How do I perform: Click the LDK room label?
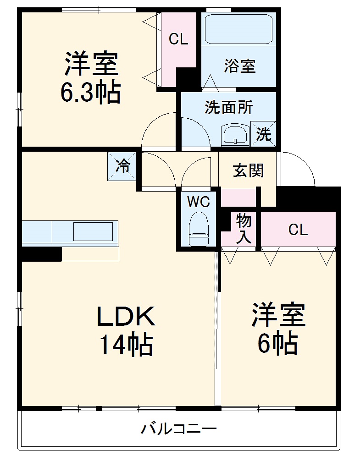[x=126, y=316]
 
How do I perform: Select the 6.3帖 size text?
[x=91, y=92]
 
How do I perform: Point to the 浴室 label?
[x=239, y=66]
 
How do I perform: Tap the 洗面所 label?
[x=228, y=108]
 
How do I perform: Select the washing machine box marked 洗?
[x=263, y=134]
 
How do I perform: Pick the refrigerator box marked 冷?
[x=122, y=165]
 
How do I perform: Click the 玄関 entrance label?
[x=249, y=171]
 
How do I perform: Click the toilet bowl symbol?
[x=199, y=228]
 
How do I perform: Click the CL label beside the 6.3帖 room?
[x=178, y=39]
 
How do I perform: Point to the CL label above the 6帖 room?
[x=298, y=230]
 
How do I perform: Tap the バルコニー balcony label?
[x=178, y=429]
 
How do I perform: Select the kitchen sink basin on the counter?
[x=93, y=231]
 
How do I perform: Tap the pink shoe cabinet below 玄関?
[x=238, y=198]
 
